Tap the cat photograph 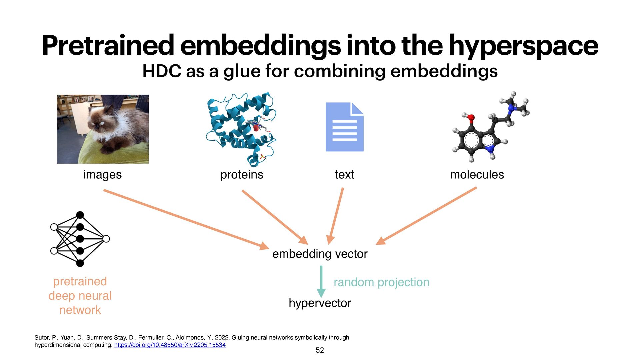pyautogui.click(x=103, y=129)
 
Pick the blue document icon pyautogui.click(x=344, y=127)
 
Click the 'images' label pyautogui.click(x=102, y=174)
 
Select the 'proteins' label pyautogui.click(x=242, y=174)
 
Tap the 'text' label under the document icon pyautogui.click(x=344, y=174)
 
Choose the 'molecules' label pyautogui.click(x=477, y=174)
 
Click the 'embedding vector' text pyautogui.click(x=320, y=254)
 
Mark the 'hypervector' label pyautogui.click(x=320, y=303)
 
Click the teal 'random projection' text pyautogui.click(x=381, y=282)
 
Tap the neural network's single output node pyautogui.click(x=106, y=239)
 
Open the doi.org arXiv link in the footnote pyautogui.click(x=170, y=345)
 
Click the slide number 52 pyautogui.click(x=320, y=350)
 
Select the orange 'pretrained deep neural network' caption pyautogui.click(x=80, y=296)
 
